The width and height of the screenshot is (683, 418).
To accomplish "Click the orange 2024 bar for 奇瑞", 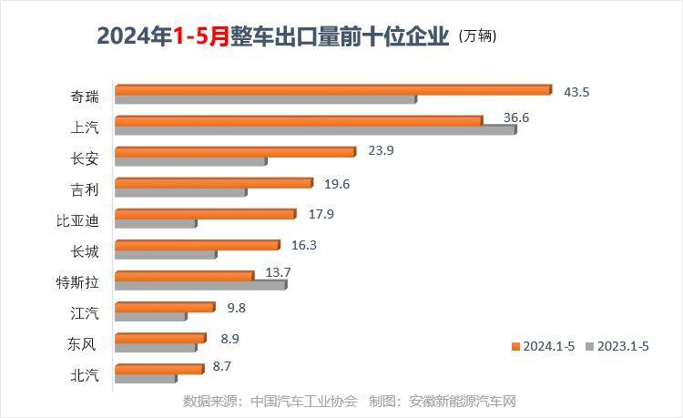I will [x=332, y=90].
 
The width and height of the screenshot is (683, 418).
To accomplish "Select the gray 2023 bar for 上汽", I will [x=315, y=130].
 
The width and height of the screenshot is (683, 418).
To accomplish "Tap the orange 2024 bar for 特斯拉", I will [x=184, y=276].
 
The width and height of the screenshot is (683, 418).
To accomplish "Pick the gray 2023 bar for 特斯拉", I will [x=200, y=285].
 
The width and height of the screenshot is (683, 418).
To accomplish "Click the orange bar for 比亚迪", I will [x=205, y=214].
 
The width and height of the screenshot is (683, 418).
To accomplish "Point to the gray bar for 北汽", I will [x=146, y=378].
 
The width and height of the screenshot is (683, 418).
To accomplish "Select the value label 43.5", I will [x=577, y=92].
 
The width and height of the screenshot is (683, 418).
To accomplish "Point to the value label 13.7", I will [x=278, y=272].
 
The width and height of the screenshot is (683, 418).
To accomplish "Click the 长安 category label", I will [x=85, y=158].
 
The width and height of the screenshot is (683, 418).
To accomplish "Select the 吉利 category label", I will [x=85, y=189].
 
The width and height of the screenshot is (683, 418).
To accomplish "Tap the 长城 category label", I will [x=85, y=250].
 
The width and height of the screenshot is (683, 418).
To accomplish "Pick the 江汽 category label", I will [x=85, y=312].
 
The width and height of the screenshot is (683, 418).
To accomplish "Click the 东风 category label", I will [x=85, y=343].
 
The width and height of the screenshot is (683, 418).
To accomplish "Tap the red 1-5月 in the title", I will [x=201, y=37].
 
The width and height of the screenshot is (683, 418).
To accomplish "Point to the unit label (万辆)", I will [x=479, y=37].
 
